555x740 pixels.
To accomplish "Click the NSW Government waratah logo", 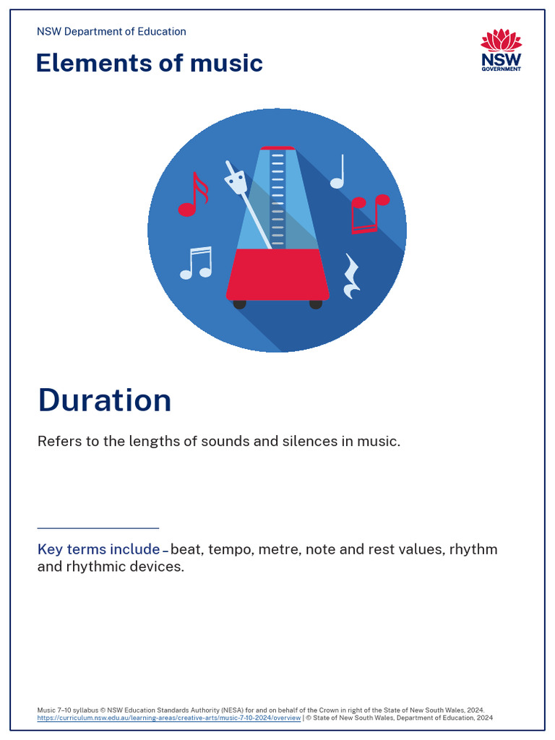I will pyautogui.click(x=501, y=50).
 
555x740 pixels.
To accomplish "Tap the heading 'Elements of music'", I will pyautogui.click(x=149, y=64).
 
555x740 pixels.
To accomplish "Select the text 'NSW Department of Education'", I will pyautogui.click(x=111, y=32).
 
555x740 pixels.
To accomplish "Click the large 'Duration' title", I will pyautogui.click(x=105, y=400).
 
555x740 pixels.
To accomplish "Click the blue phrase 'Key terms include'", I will pyautogui.click(x=98, y=549).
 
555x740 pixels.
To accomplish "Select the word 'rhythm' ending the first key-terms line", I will pyautogui.click(x=473, y=549).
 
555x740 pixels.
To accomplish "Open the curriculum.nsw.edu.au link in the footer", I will pyautogui.click(x=169, y=718).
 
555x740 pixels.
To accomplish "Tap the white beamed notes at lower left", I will pyautogui.click(x=197, y=263).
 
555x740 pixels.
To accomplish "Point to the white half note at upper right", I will pyautogui.click(x=338, y=173).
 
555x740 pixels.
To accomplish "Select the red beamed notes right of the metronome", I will pyautogui.click(x=367, y=213).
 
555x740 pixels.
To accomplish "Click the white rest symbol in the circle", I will pyautogui.click(x=352, y=277).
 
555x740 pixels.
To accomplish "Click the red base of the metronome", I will pyautogui.click(x=278, y=275).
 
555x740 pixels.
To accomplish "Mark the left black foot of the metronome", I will pyautogui.click(x=239, y=304).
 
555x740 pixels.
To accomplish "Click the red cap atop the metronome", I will pyautogui.click(x=278, y=147).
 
